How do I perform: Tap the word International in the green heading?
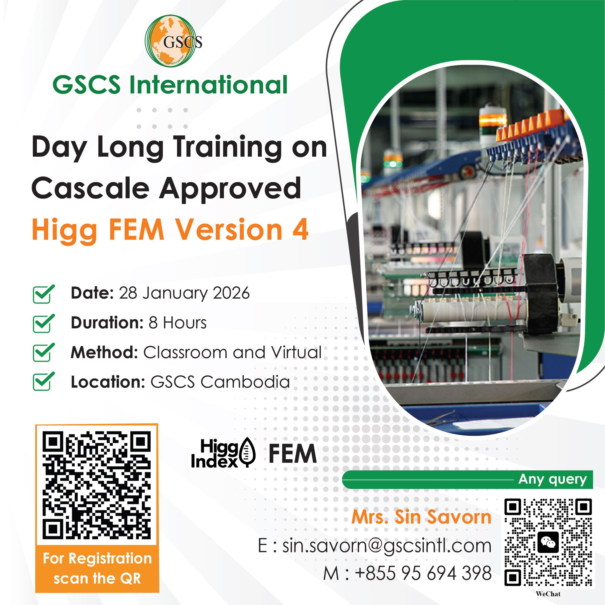pyautogui.click(x=208, y=85)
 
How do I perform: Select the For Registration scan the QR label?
pyautogui.click(x=97, y=569)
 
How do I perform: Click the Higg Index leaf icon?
pyautogui.click(x=248, y=456)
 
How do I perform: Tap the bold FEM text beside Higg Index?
pyautogui.click(x=292, y=454)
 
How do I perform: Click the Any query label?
pyautogui.click(x=552, y=479)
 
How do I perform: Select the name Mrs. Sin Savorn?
pyautogui.click(x=421, y=518)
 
